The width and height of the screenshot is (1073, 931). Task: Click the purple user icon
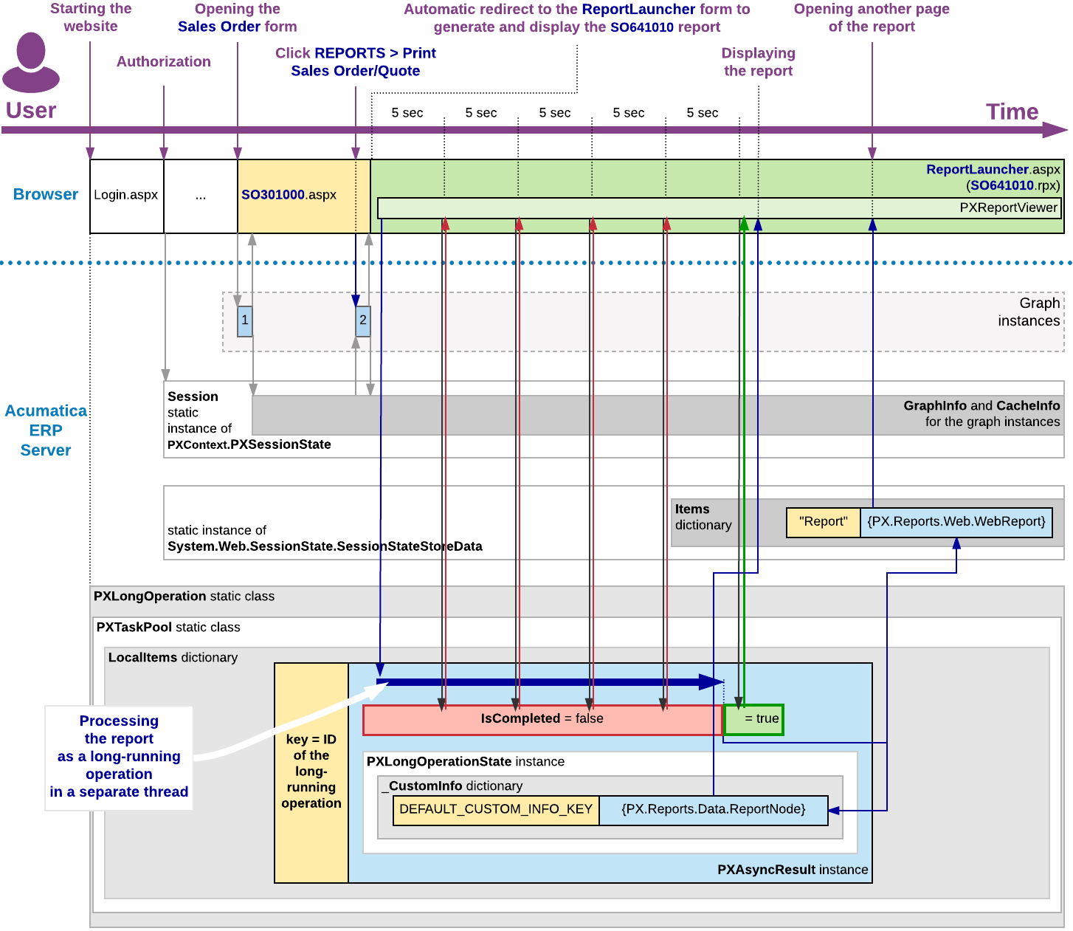pos(31,63)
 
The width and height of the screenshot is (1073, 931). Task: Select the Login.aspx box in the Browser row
pos(126,196)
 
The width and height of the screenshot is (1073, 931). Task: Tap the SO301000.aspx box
pos(303,196)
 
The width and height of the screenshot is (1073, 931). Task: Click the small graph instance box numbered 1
pos(245,321)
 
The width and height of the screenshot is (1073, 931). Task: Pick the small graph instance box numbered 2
pos(362,321)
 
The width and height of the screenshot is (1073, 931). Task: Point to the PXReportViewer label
pos(1008,208)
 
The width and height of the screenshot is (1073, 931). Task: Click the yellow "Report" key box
pos(823,522)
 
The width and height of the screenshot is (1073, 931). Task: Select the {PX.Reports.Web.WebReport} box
pos(956,522)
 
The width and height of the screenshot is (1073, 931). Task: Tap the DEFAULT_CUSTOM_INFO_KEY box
pos(496,810)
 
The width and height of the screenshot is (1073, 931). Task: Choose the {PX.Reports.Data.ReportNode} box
pos(714,810)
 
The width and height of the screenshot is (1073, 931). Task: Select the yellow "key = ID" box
pos(311,772)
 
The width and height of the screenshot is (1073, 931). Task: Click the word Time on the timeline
pos(1012,112)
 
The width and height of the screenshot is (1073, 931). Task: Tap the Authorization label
pos(164,62)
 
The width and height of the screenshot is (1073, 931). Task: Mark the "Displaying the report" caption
pos(758,63)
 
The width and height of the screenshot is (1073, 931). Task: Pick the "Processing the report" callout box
pos(119,757)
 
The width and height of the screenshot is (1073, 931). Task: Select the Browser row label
pos(46,195)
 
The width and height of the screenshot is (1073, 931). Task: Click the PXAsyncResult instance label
pos(793,870)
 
